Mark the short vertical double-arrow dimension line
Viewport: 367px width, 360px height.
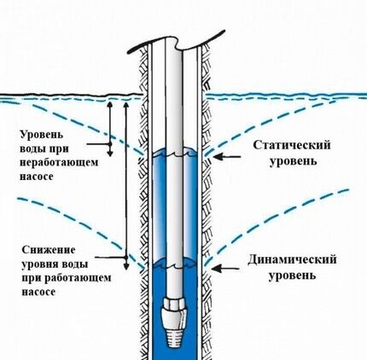coord(110,129)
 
